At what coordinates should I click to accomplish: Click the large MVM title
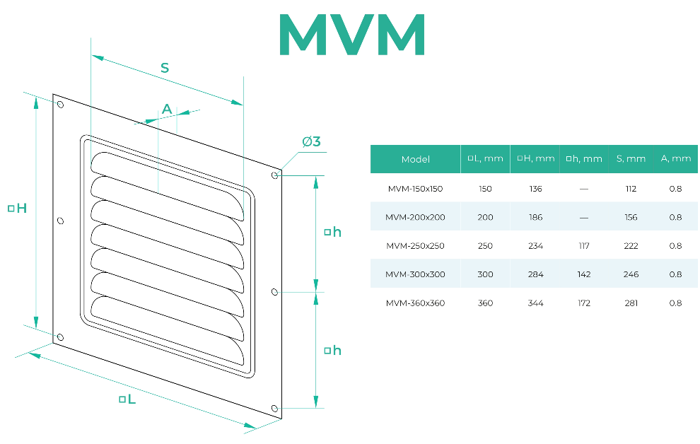coord(352,35)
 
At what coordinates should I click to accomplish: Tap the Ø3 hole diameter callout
coord(311,141)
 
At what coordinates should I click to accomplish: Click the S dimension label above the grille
coord(165,68)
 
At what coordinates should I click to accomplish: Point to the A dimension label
coord(167,109)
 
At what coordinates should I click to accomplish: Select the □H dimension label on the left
coord(18,208)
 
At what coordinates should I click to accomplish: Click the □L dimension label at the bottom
coord(127,399)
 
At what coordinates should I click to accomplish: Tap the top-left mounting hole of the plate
coord(60,105)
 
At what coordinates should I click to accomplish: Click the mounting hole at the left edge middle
coord(60,221)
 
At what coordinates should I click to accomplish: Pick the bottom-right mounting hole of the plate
coord(274,409)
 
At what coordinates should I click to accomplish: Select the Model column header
coord(415,159)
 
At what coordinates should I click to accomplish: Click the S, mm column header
coord(631,158)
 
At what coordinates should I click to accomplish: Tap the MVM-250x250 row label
coord(415,246)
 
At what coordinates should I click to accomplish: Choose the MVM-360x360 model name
coord(415,303)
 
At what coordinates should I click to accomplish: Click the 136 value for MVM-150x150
coord(535,189)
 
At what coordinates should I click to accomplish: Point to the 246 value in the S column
coord(631,274)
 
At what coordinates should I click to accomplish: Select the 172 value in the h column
coord(584,303)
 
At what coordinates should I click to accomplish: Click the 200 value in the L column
coord(485,217)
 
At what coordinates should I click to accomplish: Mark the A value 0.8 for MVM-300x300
coord(675,274)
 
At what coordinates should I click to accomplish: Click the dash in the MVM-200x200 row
coord(584,218)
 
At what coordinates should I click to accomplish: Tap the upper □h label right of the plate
coord(332,232)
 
